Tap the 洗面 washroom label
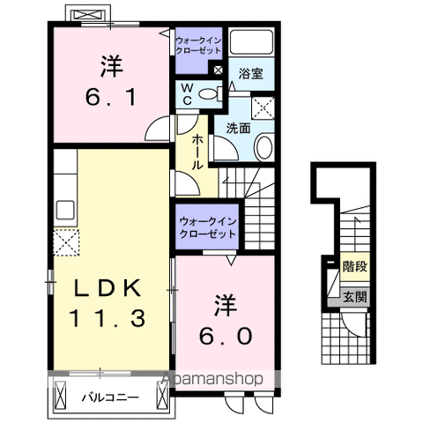[238, 127]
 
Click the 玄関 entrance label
[355, 297]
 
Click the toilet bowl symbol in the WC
[208, 94]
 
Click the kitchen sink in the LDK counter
[64, 211]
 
